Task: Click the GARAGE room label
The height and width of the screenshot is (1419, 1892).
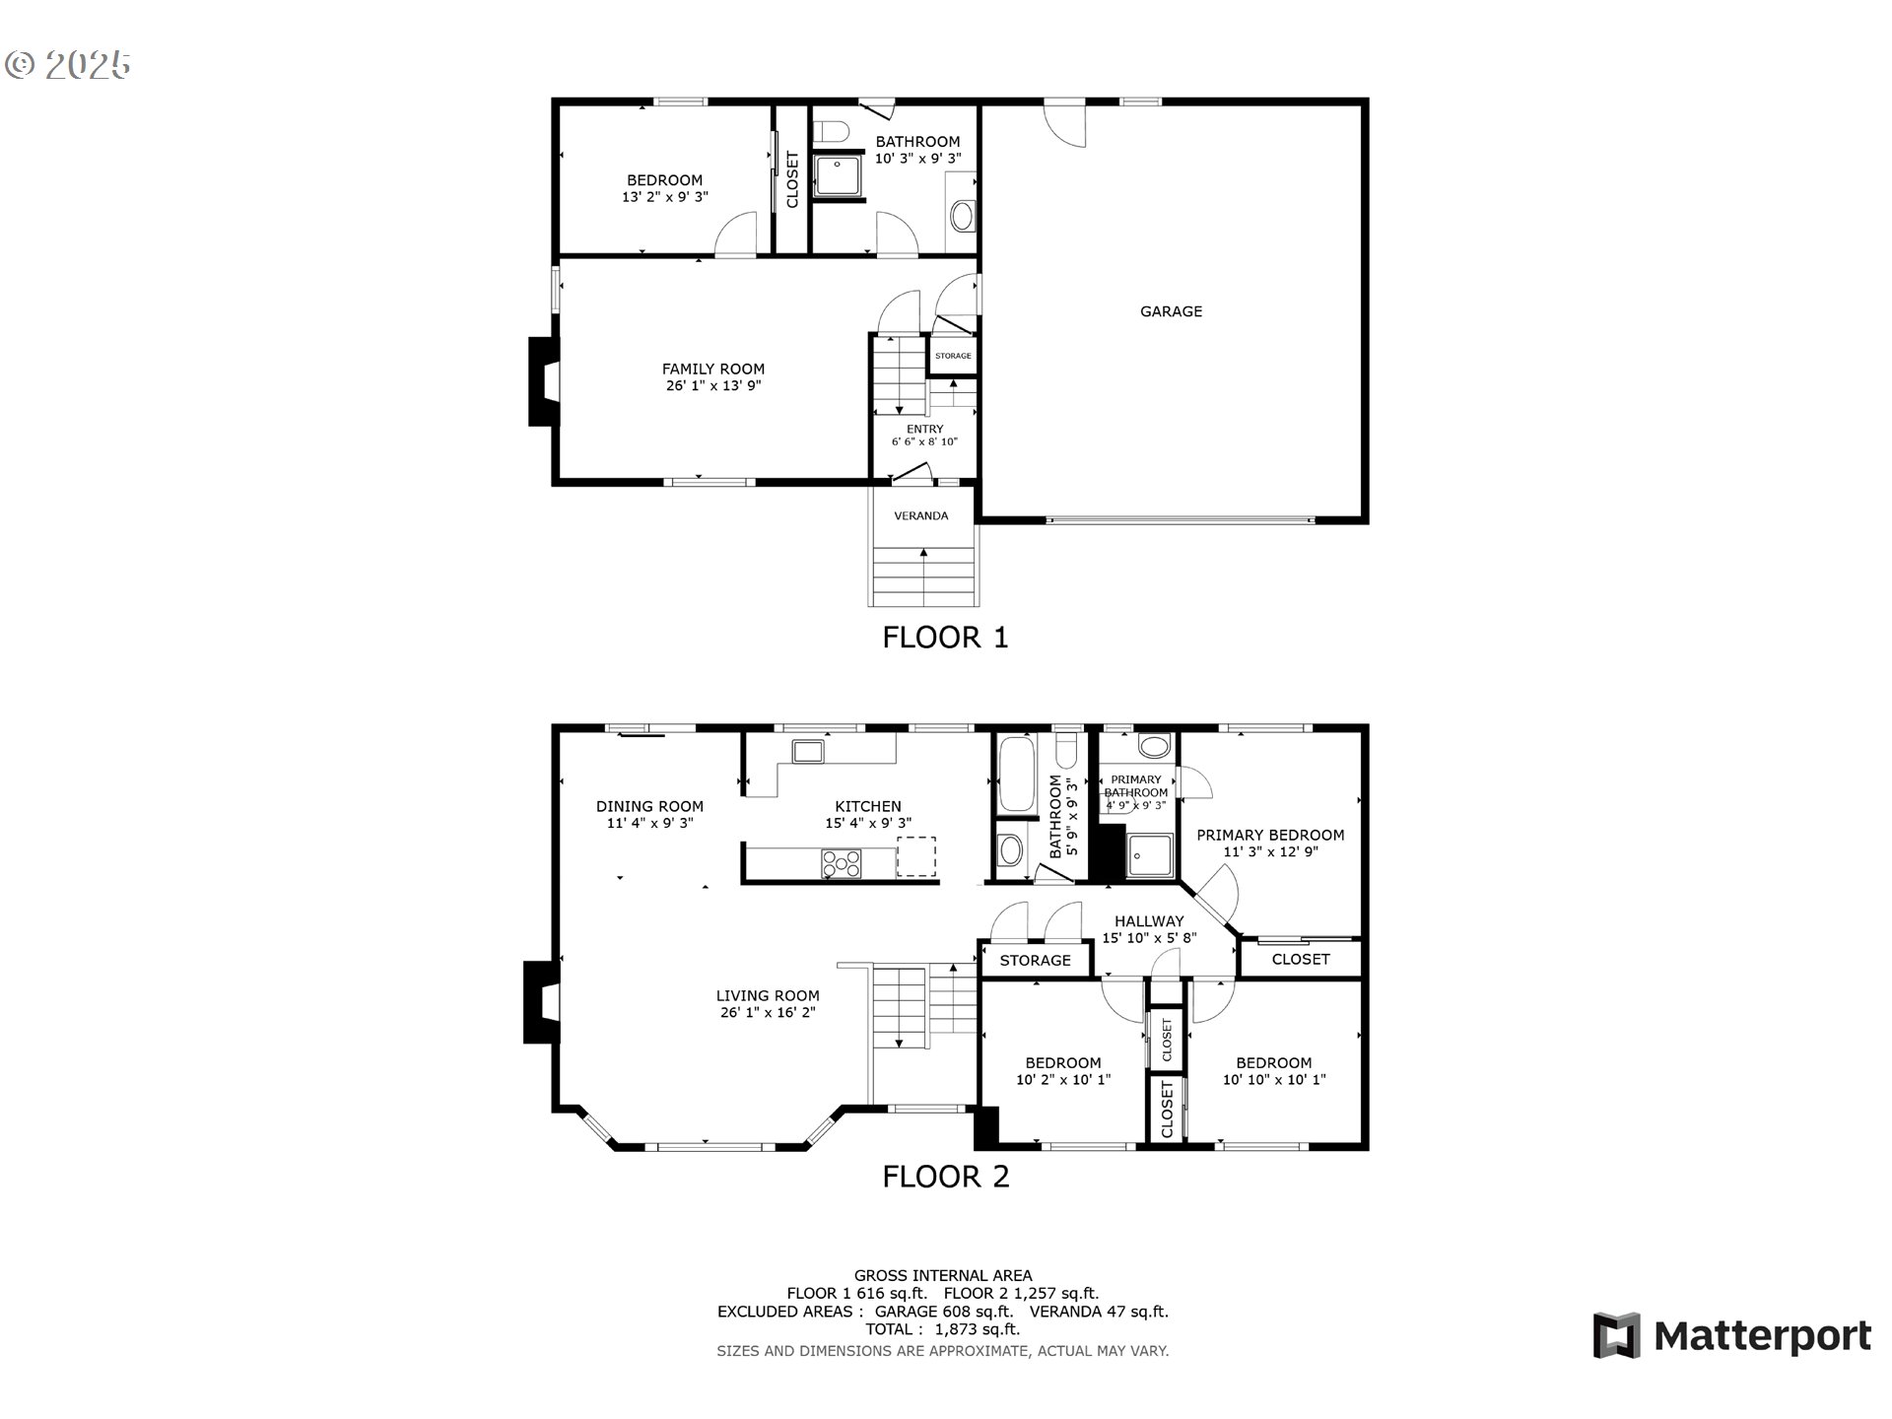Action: click(x=1171, y=311)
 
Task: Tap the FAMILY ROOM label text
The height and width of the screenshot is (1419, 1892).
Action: click(x=713, y=370)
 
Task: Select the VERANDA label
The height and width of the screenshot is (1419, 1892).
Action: click(x=921, y=515)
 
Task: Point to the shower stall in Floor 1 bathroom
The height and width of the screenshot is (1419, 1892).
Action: click(x=839, y=175)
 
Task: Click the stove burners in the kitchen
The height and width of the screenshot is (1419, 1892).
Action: click(x=841, y=863)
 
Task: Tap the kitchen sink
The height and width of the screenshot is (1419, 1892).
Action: click(x=808, y=752)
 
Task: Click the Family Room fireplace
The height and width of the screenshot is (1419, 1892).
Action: click(x=544, y=381)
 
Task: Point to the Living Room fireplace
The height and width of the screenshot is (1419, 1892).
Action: click(x=540, y=1001)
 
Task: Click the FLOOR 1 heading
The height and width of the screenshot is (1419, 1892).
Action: click(x=945, y=638)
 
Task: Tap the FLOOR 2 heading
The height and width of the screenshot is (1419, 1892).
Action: click(x=945, y=1177)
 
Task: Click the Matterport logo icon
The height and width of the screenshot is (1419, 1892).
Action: click(x=1616, y=1335)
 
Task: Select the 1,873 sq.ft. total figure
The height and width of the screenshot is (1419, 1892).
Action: click(x=977, y=1329)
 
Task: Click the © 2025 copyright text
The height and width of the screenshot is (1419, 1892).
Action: click(x=68, y=65)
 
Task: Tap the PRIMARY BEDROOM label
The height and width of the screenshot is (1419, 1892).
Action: click(x=1270, y=835)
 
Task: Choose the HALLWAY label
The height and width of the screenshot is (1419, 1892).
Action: click(x=1149, y=921)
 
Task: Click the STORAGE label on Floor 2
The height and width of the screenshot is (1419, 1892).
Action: click(x=1035, y=961)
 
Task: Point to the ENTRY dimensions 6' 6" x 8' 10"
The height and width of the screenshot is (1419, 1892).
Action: click(x=924, y=442)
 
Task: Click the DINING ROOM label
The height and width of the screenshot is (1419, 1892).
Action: click(x=649, y=806)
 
